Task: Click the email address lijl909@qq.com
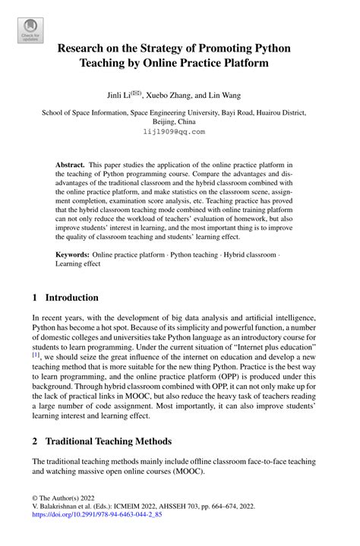point(179,131)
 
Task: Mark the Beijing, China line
point(179,121)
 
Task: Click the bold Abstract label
point(70,164)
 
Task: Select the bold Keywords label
point(73,255)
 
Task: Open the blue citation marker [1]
point(36,354)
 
